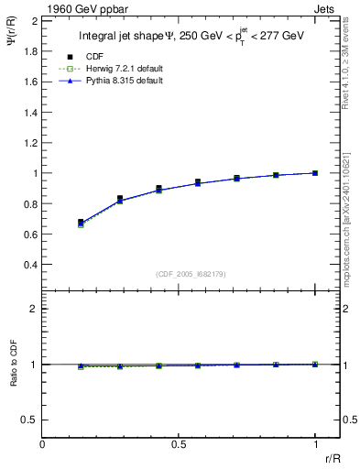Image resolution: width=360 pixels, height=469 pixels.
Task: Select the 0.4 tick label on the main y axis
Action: [x=30, y=265]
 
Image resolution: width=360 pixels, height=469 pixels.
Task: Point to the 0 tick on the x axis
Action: [x=42, y=443]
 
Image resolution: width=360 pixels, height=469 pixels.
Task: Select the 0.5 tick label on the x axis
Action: [x=179, y=443]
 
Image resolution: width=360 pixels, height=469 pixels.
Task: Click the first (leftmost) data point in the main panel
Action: [x=81, y=223]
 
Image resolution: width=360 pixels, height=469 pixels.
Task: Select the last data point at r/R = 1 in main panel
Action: [x=315, y=172]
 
